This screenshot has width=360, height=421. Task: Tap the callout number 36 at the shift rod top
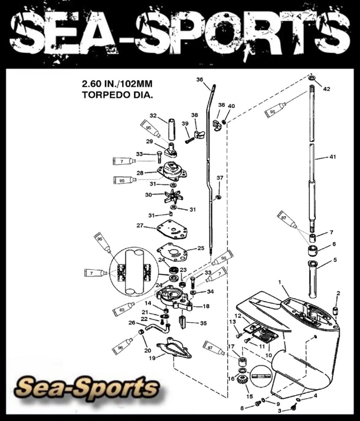[200, 80]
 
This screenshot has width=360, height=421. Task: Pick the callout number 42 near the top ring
[327, 88]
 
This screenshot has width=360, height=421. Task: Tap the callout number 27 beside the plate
[140, 225]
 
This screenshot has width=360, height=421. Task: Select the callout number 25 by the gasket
[200, 248]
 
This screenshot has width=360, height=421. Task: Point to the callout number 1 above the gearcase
[280, 282]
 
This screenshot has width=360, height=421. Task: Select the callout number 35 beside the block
[204, 323]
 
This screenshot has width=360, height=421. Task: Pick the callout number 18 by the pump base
[206, 306]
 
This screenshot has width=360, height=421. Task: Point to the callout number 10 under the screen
[268, 355]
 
